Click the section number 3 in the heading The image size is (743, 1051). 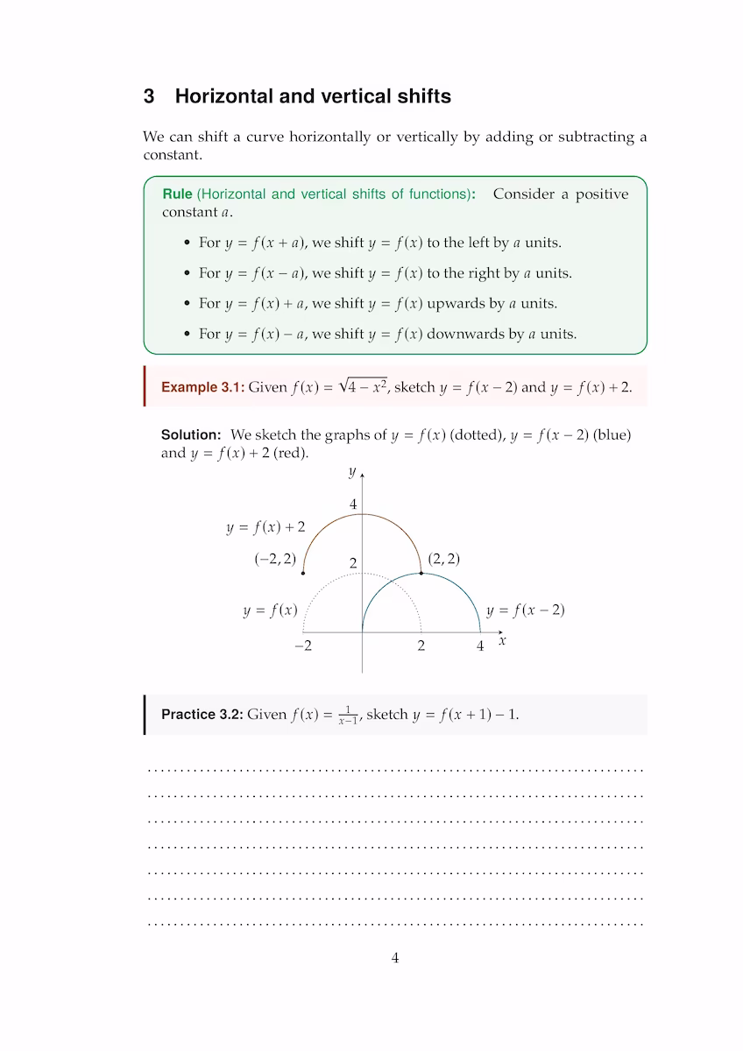pyautogui.click(x=149, y=96)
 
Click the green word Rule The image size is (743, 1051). pyautogui.click(x=177, y=194)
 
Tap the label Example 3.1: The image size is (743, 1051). pyautogui.click(x=202, y=387)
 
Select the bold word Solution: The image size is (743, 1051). pyautogui.click(x=191, y=434)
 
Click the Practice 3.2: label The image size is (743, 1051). pyautogui.click(x=202, y=715)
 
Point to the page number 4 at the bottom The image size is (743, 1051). pyautogui.click(x=395, y=958)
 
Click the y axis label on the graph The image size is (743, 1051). pyautogui.click(x=352, y=472)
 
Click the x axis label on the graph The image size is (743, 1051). pyautogui.click(x=502, y=641)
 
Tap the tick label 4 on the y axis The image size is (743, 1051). pyautogui.click(x=353, y=505)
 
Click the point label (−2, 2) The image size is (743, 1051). pyautogui.click(x=275, y=559)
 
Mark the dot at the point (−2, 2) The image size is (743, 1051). pyautogui.click(x=303, y=573)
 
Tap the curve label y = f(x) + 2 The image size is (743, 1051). pyautogui.click(x=265, y=527)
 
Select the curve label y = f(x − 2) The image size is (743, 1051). pyautogui.click(x=525, y=610)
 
